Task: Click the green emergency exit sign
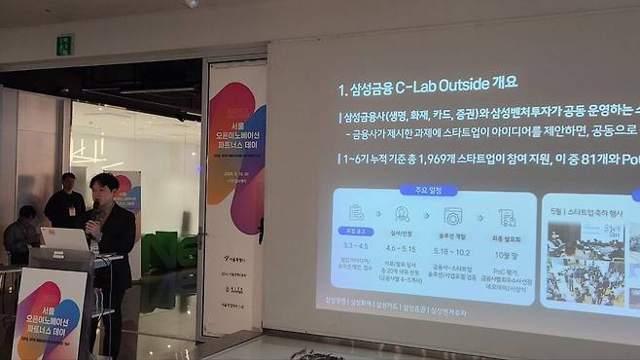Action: pos(65,45)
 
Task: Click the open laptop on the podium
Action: pos(64,239)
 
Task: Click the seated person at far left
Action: pos(20,234)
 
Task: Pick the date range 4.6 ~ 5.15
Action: pos(402,249)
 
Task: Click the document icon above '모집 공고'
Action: pos(356,213)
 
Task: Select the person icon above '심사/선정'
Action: pos(402,214)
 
